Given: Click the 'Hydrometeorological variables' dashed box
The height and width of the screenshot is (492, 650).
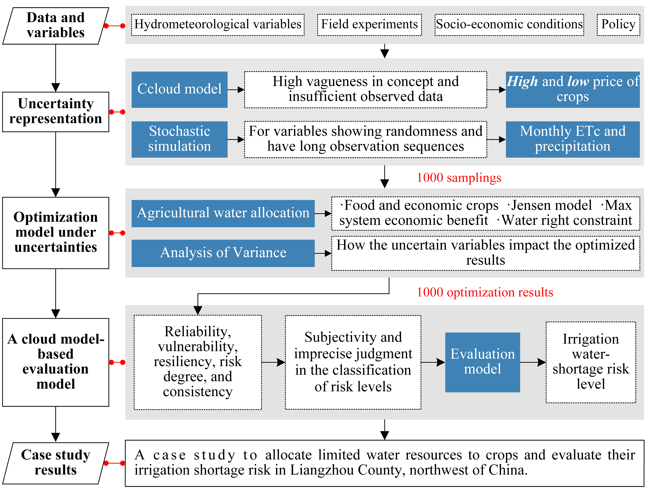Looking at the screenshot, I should tap(218, 25).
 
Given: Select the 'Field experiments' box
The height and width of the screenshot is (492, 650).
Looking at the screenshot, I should tap(369, 25).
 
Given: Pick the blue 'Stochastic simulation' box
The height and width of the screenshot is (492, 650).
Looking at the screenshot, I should tap(179, 139).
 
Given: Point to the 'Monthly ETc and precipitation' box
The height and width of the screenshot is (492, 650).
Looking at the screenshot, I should tap(572, 139).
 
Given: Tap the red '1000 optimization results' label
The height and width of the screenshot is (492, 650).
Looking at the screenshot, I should tap(485, 292).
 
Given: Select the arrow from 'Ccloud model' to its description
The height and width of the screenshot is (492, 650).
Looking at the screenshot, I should tap(236, 90).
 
